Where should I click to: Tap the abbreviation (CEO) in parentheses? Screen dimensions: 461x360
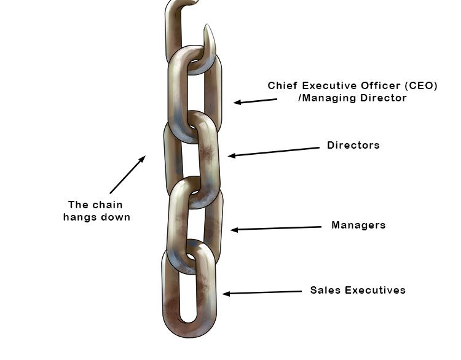point(420,86)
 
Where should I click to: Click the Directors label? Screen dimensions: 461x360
point(353,145)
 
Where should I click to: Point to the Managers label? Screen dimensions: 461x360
point(358,225)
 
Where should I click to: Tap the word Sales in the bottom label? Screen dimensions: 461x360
point(325,291)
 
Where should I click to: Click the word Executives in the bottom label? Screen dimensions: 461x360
point(375,291)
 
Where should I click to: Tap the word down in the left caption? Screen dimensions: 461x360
point(116,217)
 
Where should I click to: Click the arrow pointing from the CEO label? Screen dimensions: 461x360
point(255,101)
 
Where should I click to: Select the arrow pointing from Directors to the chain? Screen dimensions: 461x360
point(274,152)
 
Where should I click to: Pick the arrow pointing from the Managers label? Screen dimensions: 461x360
point(276,229)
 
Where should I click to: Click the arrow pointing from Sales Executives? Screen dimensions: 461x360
point(262,292)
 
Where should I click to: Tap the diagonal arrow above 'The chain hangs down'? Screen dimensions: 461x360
point(128,174)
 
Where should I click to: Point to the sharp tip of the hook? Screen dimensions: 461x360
point(207,25)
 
